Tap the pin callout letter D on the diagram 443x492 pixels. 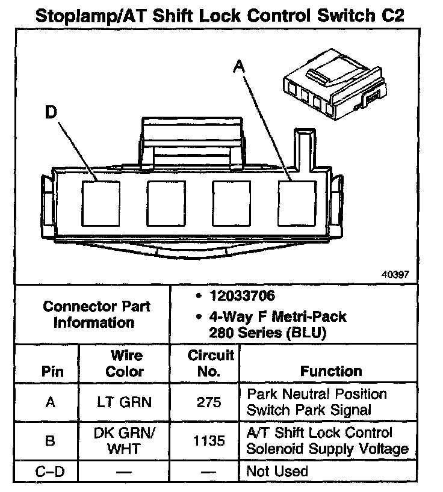52,112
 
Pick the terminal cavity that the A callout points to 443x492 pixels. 297,202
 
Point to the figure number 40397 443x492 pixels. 395,274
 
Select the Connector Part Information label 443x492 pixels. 96,314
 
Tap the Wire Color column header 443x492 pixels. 125,363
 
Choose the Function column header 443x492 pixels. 331,371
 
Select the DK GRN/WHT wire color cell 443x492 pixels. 125,441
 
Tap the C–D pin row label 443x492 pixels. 51,472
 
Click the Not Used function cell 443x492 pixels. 277,472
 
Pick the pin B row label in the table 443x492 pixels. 51,441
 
